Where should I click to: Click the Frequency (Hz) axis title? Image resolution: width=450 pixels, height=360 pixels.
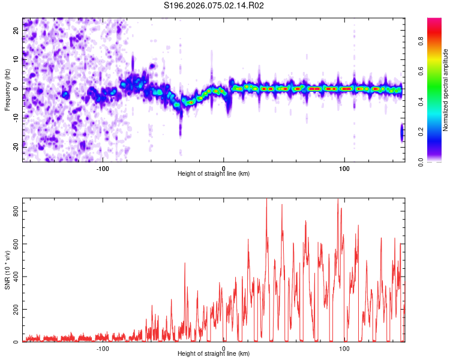point(7,89)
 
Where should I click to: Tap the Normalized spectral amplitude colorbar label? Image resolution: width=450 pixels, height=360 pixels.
point(446,90)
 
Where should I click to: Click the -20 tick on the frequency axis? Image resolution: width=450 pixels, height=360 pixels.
point(16,145)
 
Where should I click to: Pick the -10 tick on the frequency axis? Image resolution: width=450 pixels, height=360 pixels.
point(16,116)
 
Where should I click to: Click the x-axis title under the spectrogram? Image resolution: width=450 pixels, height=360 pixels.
point(214,174)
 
